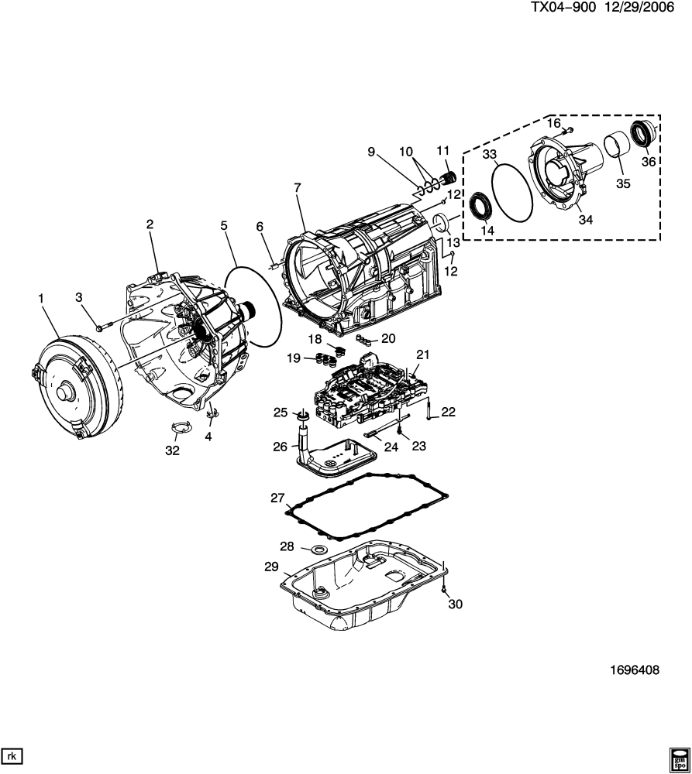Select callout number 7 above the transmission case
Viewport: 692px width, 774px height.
click(x=297, y=187)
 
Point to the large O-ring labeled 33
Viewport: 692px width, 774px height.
click(x=512, y=192)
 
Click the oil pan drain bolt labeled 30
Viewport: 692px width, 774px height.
click(x=444, y=588)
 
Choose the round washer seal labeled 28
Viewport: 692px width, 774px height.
click(x=318, y=550)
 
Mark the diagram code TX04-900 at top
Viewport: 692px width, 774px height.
click(x=563, y=8)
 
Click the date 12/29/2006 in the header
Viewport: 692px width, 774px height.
click(x=638, y=8)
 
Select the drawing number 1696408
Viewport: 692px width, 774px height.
click(x=635, y=670)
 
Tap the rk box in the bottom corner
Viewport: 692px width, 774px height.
click(x=12, y=756)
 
